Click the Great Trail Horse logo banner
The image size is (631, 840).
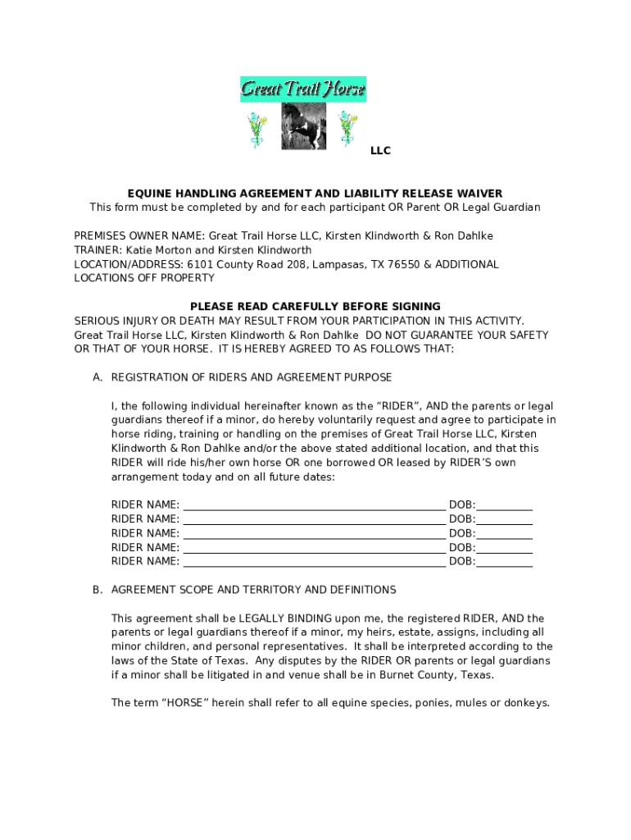click(x=302, y=89)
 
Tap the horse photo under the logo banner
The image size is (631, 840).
click(x=303, y=126)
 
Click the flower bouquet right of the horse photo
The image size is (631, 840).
click(x=348, y=128)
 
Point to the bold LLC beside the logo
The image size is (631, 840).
click(x=380, y=151)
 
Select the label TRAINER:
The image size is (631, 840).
click(x=98, y=250)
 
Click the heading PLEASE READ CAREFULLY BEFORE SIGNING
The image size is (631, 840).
click(x=315, y=307)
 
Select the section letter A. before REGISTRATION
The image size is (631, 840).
click(x=98, y=377)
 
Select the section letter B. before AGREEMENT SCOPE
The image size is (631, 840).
click(x=98, y=590)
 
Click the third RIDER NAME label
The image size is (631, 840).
click(x=145, y=534)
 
